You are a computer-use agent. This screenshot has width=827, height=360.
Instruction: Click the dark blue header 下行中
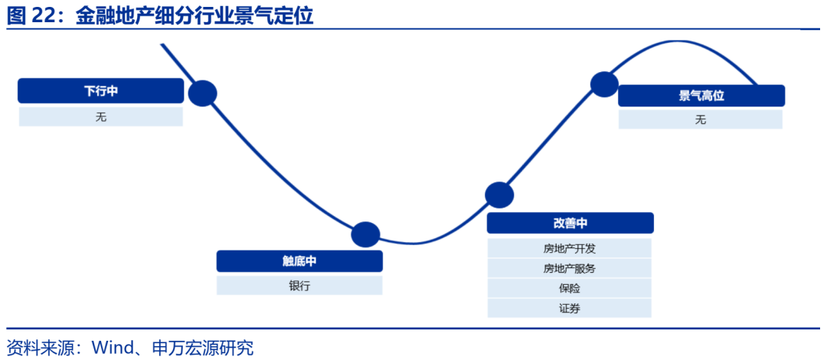tap(101, 91)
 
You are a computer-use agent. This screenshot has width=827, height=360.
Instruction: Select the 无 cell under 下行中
tap(101, 116)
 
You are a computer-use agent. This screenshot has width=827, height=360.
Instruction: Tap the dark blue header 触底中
tap(299, 261)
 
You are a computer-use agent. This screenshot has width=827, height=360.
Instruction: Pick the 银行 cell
tap(299, 286)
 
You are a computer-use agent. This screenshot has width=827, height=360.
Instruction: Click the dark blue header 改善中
tap(570, 223)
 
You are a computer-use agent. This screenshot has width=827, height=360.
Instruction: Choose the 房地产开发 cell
tap(570, 248)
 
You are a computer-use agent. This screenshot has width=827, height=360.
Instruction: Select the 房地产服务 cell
tap(570, 268)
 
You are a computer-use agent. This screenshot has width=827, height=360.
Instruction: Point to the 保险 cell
tap(570, 288)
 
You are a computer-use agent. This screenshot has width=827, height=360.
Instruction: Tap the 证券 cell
tap(570, 308)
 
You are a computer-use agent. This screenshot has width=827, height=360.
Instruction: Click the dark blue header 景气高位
tap(701, 96)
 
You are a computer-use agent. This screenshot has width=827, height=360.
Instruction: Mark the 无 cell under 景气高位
tap(701, 119)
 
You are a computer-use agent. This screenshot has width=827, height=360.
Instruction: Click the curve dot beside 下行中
tap(203, 93)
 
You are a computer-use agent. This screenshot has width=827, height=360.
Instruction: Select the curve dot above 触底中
tap(365, 234)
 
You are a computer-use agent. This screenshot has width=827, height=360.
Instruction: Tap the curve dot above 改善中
tap(499, 195)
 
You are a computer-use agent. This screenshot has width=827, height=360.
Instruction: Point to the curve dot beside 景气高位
tap(604, 83)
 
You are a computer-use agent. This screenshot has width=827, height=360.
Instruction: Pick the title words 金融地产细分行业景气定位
tap(194, 15)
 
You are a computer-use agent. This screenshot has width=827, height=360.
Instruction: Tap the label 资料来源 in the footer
tap(36, 348)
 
